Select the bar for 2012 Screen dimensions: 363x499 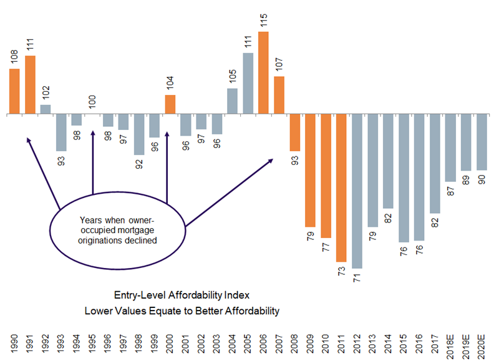pos(357,191)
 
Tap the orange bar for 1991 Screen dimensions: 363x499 pos(30,85)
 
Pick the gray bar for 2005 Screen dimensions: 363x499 pos(248,84)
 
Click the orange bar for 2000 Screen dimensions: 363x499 pos(170,104)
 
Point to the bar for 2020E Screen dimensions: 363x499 pos(481,142)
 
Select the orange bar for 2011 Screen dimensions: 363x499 pos(341,188)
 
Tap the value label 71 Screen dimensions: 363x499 pos(357,277)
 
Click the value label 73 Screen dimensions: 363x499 pos(341,271)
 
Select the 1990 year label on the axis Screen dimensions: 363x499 pos(14,344)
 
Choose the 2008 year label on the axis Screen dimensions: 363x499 pos(295,344)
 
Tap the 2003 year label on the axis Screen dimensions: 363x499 pos(217,344)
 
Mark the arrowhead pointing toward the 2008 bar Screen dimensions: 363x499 pos(271,161)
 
